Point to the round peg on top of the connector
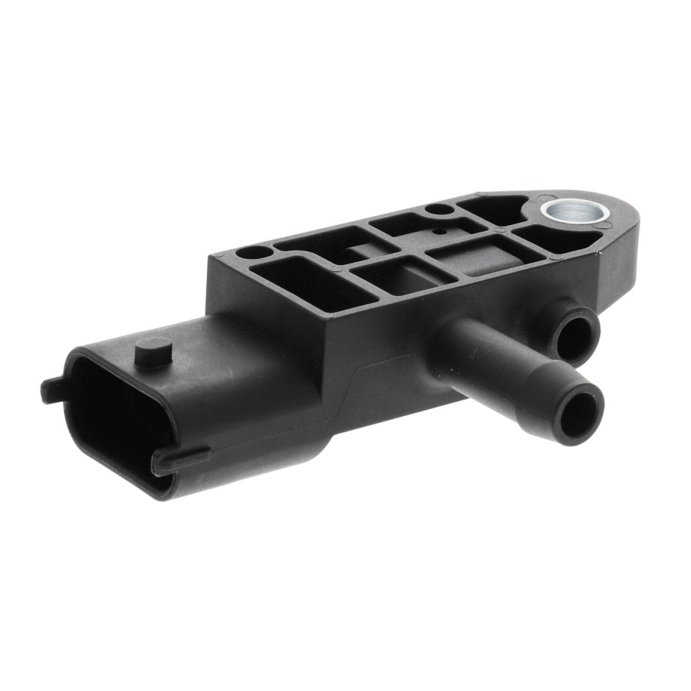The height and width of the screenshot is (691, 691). (153, 350)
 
